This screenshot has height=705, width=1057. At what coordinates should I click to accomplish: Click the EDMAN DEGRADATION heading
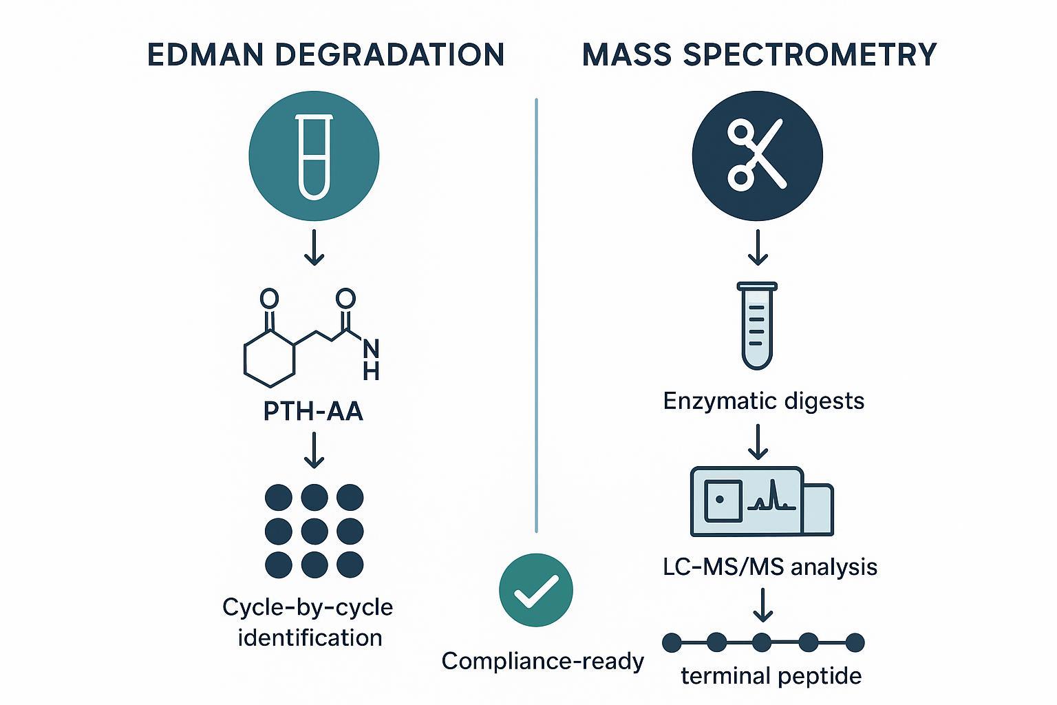326,55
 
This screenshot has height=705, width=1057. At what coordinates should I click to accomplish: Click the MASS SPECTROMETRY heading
759,55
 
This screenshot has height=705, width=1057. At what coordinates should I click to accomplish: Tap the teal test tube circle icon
314,155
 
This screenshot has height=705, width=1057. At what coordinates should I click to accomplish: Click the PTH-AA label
313,412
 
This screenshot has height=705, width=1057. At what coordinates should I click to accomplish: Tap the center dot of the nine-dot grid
314,530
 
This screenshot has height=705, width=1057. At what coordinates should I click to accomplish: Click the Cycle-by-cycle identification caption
308,622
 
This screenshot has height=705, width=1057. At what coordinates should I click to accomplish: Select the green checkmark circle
535,590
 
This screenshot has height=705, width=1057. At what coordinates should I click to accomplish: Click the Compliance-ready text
542,661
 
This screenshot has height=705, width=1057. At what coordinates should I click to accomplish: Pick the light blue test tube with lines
757,325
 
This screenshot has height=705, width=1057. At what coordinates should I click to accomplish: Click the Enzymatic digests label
763,401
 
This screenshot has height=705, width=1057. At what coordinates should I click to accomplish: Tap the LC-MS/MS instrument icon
761,501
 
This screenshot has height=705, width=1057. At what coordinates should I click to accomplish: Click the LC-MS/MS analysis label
769,567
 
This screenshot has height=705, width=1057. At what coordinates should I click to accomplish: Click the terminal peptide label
771,676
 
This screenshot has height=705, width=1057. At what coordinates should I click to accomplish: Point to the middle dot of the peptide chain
762,642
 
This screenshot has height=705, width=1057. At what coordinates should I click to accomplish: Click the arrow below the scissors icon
758,248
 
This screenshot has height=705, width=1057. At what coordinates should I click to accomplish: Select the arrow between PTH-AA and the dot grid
314,450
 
